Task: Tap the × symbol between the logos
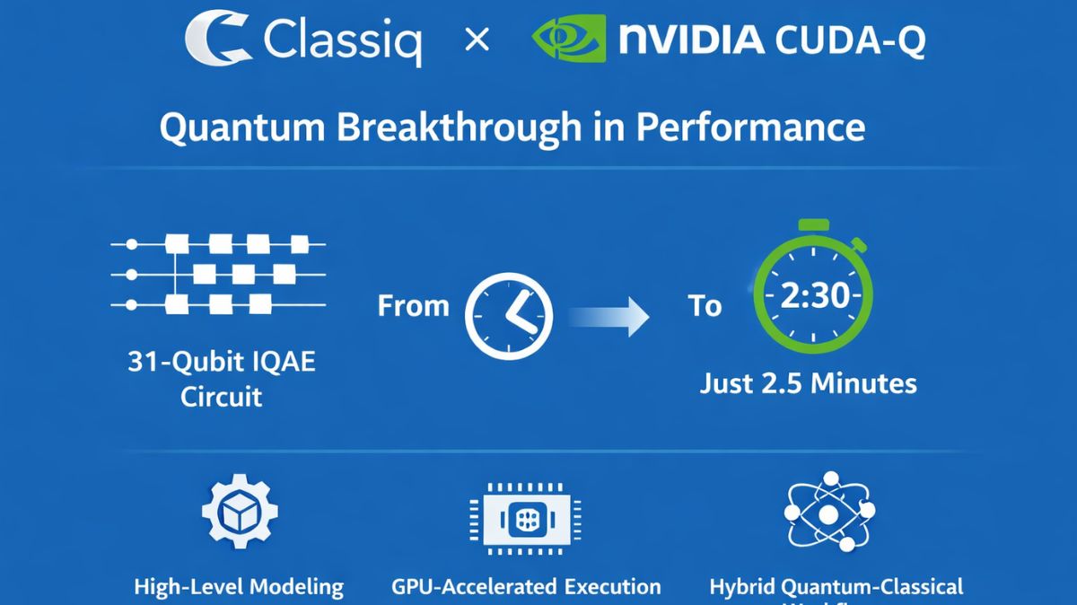(477, 40)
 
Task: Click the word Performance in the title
(750, 127)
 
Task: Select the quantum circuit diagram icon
(218, 273)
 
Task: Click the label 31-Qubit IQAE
(221, 364)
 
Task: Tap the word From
(413, 306)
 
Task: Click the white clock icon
(509, 317)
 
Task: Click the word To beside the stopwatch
(705, 306)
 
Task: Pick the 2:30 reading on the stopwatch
(813, 295)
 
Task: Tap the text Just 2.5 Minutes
(808, 384)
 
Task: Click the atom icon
(829, 513)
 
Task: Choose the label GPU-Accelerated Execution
(526, 587)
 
